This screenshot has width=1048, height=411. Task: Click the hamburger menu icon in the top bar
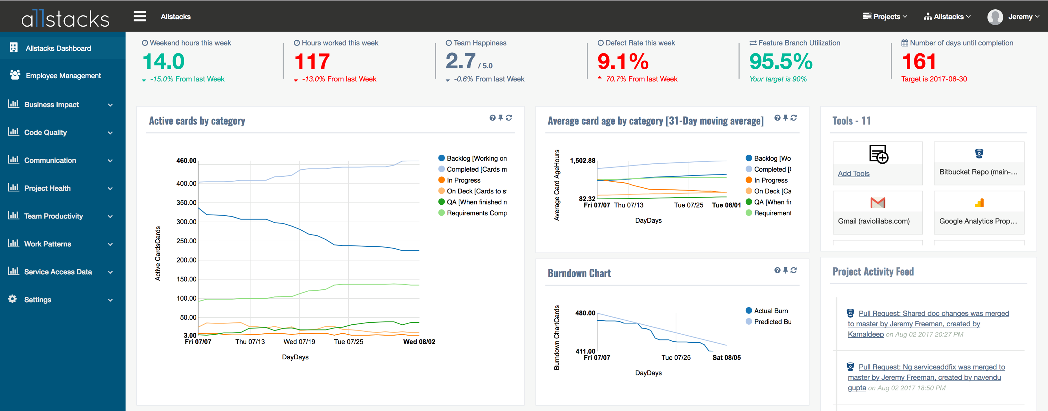(140, 16)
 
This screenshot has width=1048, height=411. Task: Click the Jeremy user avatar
(995, 17)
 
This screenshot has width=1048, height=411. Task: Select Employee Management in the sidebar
(63, 76)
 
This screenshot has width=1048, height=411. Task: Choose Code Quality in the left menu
(45, 133)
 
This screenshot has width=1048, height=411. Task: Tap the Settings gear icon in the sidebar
(12, 299)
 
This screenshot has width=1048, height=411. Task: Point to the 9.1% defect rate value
(623, 62)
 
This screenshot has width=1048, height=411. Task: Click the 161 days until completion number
(919, 62)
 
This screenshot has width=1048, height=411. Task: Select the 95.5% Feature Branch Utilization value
(781, 62)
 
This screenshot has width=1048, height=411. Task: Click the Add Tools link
(854, 174)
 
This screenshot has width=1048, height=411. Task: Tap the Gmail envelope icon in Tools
(878, 202)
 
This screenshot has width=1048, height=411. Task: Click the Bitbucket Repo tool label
(978, 172)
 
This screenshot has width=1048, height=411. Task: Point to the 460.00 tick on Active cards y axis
(186, 160)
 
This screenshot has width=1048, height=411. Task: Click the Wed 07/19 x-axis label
(299, 342)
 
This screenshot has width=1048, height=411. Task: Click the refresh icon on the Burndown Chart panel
(793, 270)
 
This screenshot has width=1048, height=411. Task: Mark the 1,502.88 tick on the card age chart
(583, 160)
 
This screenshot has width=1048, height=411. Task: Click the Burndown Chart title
(579, 273)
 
